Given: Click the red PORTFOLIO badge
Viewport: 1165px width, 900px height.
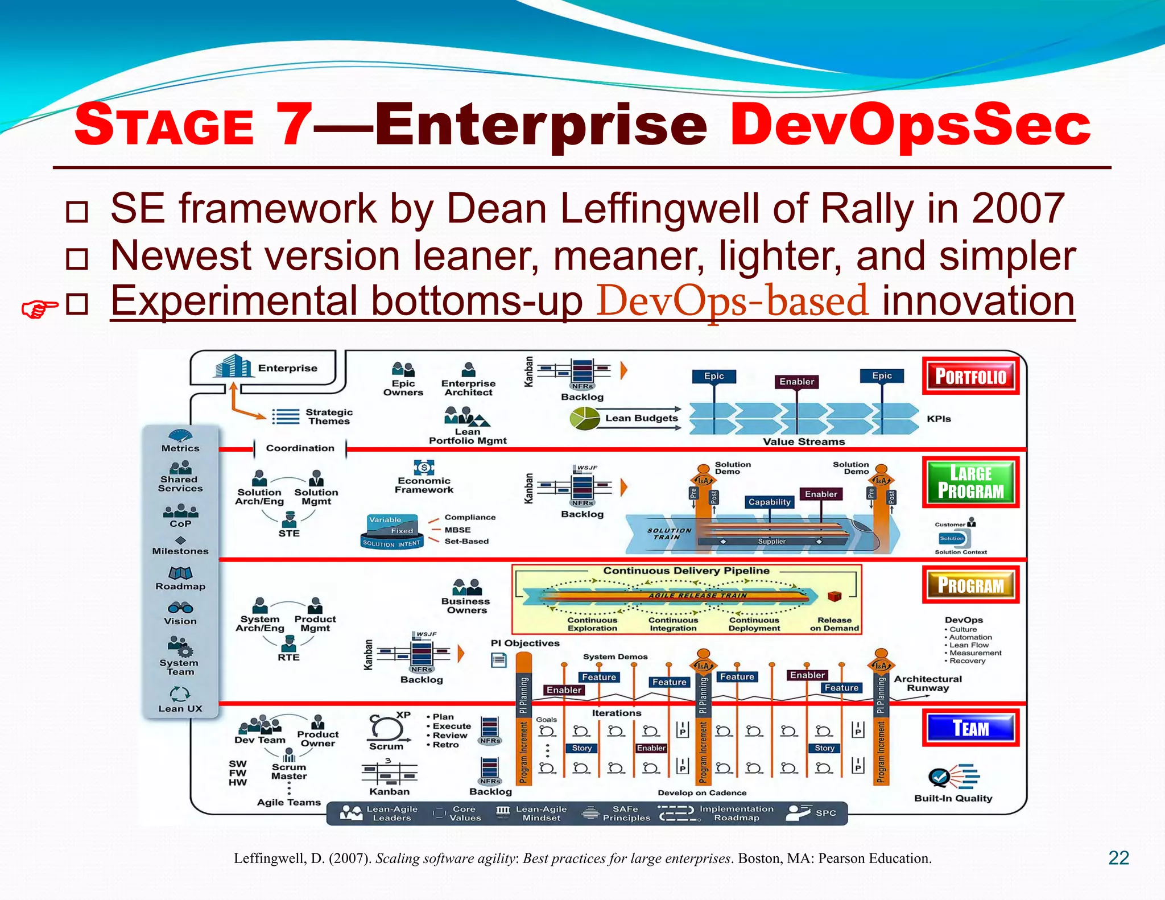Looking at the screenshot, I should [970, 376].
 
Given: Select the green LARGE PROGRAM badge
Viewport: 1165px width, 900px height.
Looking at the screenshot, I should [970, 482].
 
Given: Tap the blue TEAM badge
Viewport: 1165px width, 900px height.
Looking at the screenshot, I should [970, 728].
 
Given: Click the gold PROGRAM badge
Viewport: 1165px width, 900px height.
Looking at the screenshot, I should [970, 585].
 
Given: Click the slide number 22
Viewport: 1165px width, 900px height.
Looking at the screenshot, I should [1118, 858].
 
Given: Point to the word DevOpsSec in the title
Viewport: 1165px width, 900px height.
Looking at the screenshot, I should [910, 124].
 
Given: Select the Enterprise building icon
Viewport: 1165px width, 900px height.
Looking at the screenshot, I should [233, 366].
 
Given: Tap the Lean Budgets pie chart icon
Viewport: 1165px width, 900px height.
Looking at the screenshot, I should [584, 419].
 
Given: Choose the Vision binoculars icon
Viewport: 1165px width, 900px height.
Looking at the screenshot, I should [180, 608].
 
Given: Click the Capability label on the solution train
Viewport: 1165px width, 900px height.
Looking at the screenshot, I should [769, 502].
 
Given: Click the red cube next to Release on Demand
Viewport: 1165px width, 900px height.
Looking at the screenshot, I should [834, 596].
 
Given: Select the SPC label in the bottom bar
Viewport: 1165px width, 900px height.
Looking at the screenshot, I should [825, 813].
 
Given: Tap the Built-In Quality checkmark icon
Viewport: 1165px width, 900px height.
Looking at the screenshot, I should [940, 777].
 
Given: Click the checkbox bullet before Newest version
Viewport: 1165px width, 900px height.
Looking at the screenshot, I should [77, 259].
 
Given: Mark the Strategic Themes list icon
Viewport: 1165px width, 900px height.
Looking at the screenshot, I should [286, 417].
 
